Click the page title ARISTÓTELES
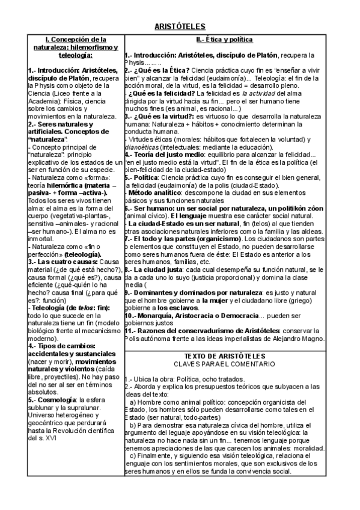coord(180,26)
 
